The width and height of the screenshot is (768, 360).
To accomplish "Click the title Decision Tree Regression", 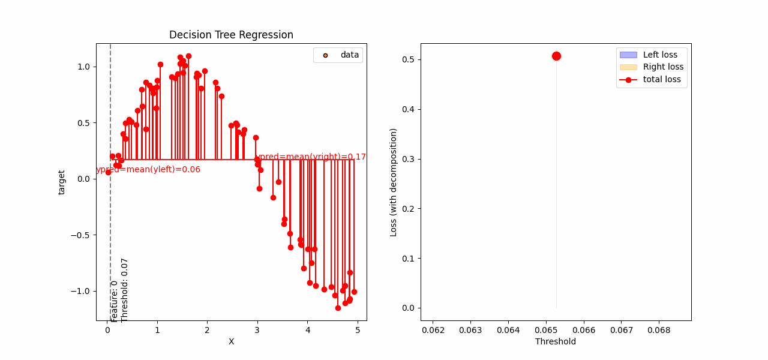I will (x=231, y=35).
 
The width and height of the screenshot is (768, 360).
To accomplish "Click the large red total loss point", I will (x=556, y=56).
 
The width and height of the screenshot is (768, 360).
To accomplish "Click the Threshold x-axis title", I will (x=555, y=341).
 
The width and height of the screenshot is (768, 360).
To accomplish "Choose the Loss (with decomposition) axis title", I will (x=394, y=182).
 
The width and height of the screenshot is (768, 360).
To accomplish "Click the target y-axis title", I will (x=62, y=182).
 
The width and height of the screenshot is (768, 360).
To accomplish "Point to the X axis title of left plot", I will (x=231, y=341).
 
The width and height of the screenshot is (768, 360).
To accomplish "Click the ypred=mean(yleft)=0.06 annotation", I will (x=148, y=170).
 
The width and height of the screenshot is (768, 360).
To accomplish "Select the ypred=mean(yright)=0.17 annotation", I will (x=311, y=157).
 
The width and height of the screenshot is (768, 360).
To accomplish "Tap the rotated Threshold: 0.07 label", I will (x=125, y=290).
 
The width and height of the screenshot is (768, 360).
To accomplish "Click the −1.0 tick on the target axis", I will (x=82, y=291).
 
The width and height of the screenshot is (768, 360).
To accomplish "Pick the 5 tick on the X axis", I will (x=358, y=329).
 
